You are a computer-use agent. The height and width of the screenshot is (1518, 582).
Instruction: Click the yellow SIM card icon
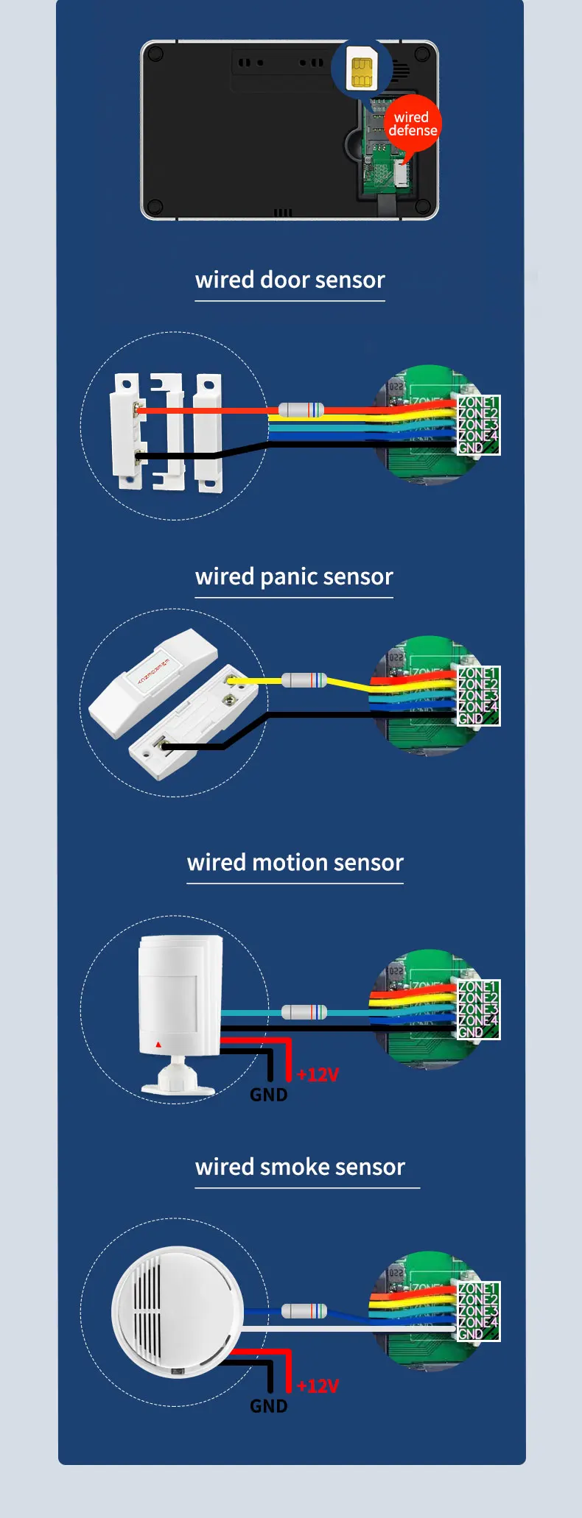361,72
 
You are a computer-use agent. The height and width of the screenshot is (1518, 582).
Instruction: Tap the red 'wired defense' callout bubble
412,124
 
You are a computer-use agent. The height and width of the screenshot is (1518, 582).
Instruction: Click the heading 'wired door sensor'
290,280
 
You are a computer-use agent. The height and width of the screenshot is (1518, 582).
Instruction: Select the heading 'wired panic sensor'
294,577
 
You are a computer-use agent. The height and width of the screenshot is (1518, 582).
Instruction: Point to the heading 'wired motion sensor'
295,863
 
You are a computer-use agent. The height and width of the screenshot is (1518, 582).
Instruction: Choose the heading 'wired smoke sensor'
300,1168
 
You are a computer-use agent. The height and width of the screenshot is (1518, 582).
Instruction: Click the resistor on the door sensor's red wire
301,410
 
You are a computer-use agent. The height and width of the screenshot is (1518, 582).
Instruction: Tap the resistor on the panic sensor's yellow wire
304,680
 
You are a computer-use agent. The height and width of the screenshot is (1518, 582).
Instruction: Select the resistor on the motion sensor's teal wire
304,1012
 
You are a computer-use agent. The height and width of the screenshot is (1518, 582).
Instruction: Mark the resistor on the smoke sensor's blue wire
304,1310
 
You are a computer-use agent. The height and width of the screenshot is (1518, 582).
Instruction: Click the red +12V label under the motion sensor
318,1075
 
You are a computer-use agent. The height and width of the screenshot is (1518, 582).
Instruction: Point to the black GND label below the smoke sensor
268,1406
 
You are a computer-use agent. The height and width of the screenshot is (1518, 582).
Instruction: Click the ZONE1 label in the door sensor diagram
477,403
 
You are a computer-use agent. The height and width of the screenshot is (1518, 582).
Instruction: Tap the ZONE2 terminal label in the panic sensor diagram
477,685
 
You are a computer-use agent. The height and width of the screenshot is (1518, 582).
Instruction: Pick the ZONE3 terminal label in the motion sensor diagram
477,1009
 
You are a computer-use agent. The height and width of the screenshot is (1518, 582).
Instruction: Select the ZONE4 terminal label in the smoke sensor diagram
477,1323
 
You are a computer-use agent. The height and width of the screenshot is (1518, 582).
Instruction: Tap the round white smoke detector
177,1311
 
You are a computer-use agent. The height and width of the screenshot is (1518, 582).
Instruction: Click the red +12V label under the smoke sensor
318,1386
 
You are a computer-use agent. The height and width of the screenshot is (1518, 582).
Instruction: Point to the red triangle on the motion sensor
158,1044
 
